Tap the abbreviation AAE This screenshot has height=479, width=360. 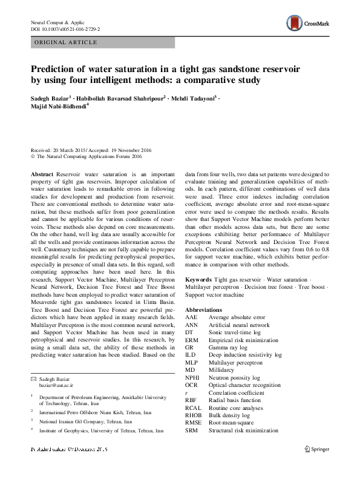coord(191,317)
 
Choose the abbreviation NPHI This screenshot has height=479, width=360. coord(193,377)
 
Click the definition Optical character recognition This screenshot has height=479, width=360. coord(244,385)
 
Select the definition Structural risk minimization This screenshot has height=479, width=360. coord(243,431)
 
